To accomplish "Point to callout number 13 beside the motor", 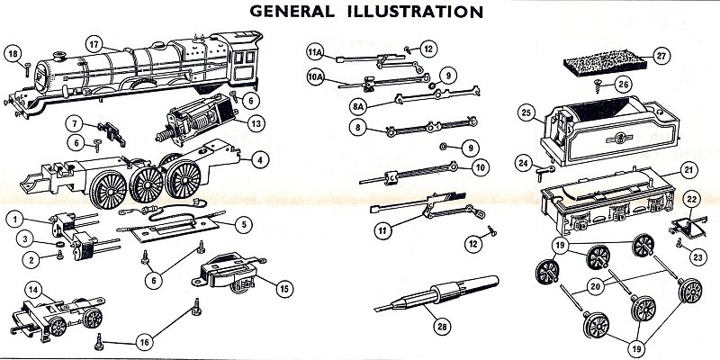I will tap(256, 122).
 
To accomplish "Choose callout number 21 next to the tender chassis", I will tap(688, 170).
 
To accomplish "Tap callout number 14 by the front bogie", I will tap(32, 289).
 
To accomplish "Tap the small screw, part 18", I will tap(27, 67).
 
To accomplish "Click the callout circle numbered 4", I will tap(259, 161).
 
